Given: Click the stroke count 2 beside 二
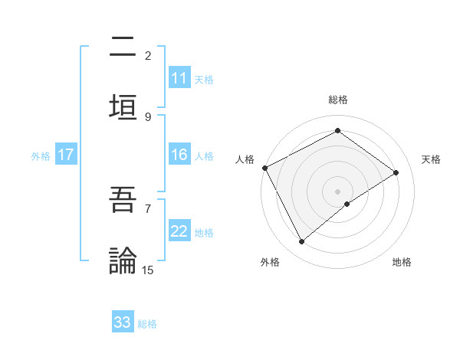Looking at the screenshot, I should pos(148,56).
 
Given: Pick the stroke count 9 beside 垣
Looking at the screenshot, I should pos(148,116).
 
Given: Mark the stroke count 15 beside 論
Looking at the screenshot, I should pos(148,270).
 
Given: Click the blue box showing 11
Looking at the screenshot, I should pos(179,78).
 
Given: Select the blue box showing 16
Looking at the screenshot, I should pos(179,155).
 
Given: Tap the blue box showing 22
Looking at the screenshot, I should pos(179,231).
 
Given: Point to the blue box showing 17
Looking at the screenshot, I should pos(66,155).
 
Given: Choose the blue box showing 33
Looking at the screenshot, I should pos(123,322).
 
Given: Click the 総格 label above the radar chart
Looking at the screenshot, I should pos(338,100).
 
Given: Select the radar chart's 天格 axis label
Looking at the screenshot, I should pos(431,159).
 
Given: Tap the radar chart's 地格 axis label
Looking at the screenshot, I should pos(402,262).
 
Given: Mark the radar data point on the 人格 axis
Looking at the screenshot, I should pos(264,168).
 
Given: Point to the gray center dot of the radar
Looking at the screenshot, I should pos(338,191).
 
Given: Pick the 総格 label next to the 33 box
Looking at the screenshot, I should pos(147,324).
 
